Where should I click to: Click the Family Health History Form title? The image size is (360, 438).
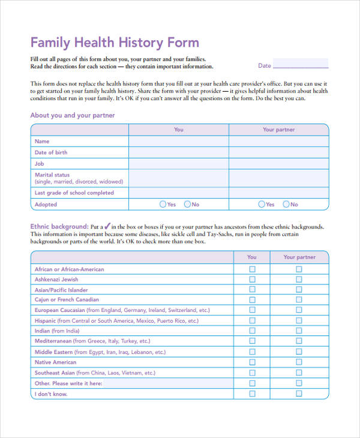[x=115, y=43]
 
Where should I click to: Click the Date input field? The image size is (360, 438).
[x=301, y=64]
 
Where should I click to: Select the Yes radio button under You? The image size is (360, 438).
[x=163, y=205]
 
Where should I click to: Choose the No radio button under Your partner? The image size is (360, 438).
[x=286, y=205]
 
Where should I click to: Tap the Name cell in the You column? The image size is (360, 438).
[x=179, y=142]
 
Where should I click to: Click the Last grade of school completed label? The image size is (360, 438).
[x=74, y=193]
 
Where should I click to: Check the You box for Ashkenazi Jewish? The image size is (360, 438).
[x=252, y=280]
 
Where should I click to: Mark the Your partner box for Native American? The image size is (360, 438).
[x=299, y=362]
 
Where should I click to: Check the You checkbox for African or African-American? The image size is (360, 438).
[x=252, y=269]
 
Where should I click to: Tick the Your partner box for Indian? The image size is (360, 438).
[x=299, y=331]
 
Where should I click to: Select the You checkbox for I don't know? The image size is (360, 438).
[x=252, y=394]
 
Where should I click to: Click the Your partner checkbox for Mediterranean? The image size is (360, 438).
[x=299, y=341]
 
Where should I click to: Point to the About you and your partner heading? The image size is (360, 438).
[x=72, y=115]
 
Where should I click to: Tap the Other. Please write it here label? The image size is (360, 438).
[x=68, y=383]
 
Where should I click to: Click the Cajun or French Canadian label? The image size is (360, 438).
[x=67, y=300]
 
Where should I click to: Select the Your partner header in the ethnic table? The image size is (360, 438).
[x=299, y=257]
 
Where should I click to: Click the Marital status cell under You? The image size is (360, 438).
[x=179, y=178]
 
